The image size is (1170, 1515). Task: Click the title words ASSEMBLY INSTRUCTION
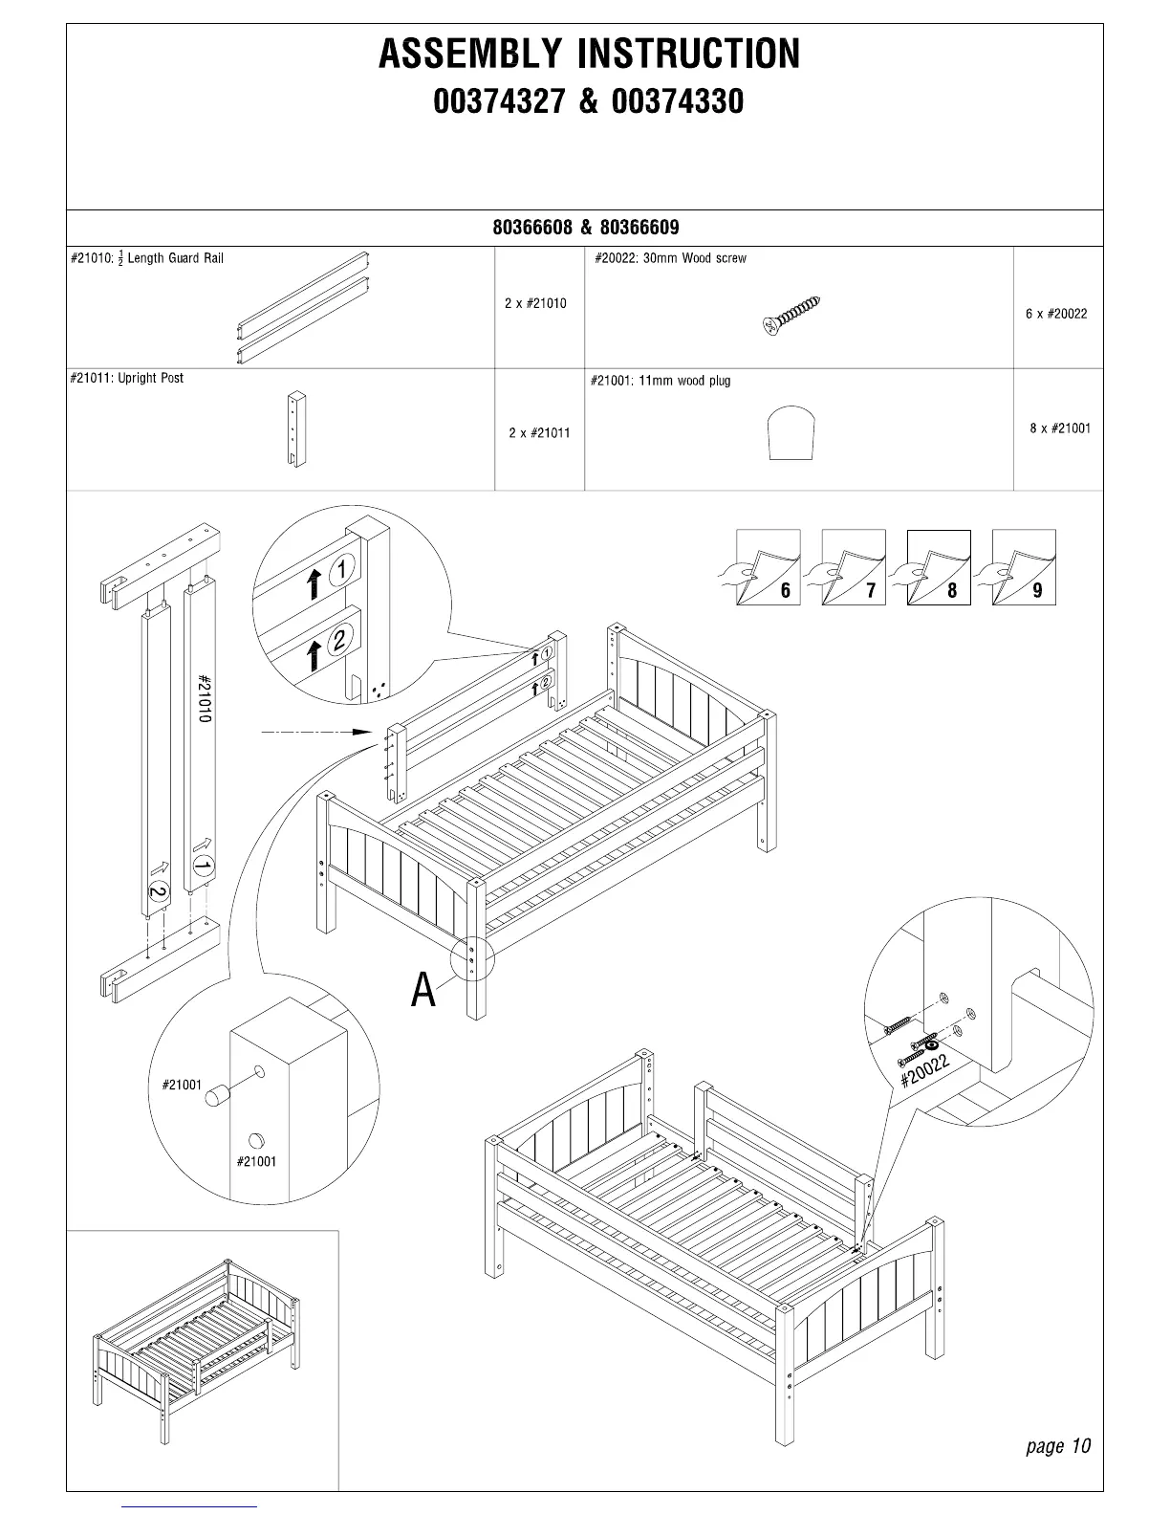click(x=589, y=54)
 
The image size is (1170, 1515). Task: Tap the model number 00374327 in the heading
click(x=499, y=101)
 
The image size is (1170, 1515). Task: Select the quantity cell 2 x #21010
click(x=535, y=303)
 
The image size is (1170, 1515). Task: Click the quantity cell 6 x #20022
click(x=1056, y=314)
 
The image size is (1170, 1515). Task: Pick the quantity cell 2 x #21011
click(x=539, y=432)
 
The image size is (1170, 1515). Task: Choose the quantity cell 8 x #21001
click(x=1060, y=428)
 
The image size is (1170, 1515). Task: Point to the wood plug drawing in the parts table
click(x=792, y=433)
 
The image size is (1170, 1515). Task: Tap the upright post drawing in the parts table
click(x=297, y=428)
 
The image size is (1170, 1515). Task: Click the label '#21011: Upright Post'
click(x=126, y=378)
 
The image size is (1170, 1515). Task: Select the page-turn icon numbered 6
click(x=768, y=567)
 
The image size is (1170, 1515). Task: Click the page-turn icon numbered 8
click(x=938, y=567)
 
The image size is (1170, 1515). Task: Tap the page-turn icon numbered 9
click(x=1023, y=567)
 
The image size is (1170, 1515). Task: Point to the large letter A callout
click(x=422, y=990)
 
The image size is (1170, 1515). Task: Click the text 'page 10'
click(x=1057, y=1445)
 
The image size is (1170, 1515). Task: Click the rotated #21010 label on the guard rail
click(x=204, y=698)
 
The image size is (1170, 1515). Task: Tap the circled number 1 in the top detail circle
click(x=342, y=570)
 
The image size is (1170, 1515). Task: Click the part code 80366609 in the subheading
click(x=639, y=228)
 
